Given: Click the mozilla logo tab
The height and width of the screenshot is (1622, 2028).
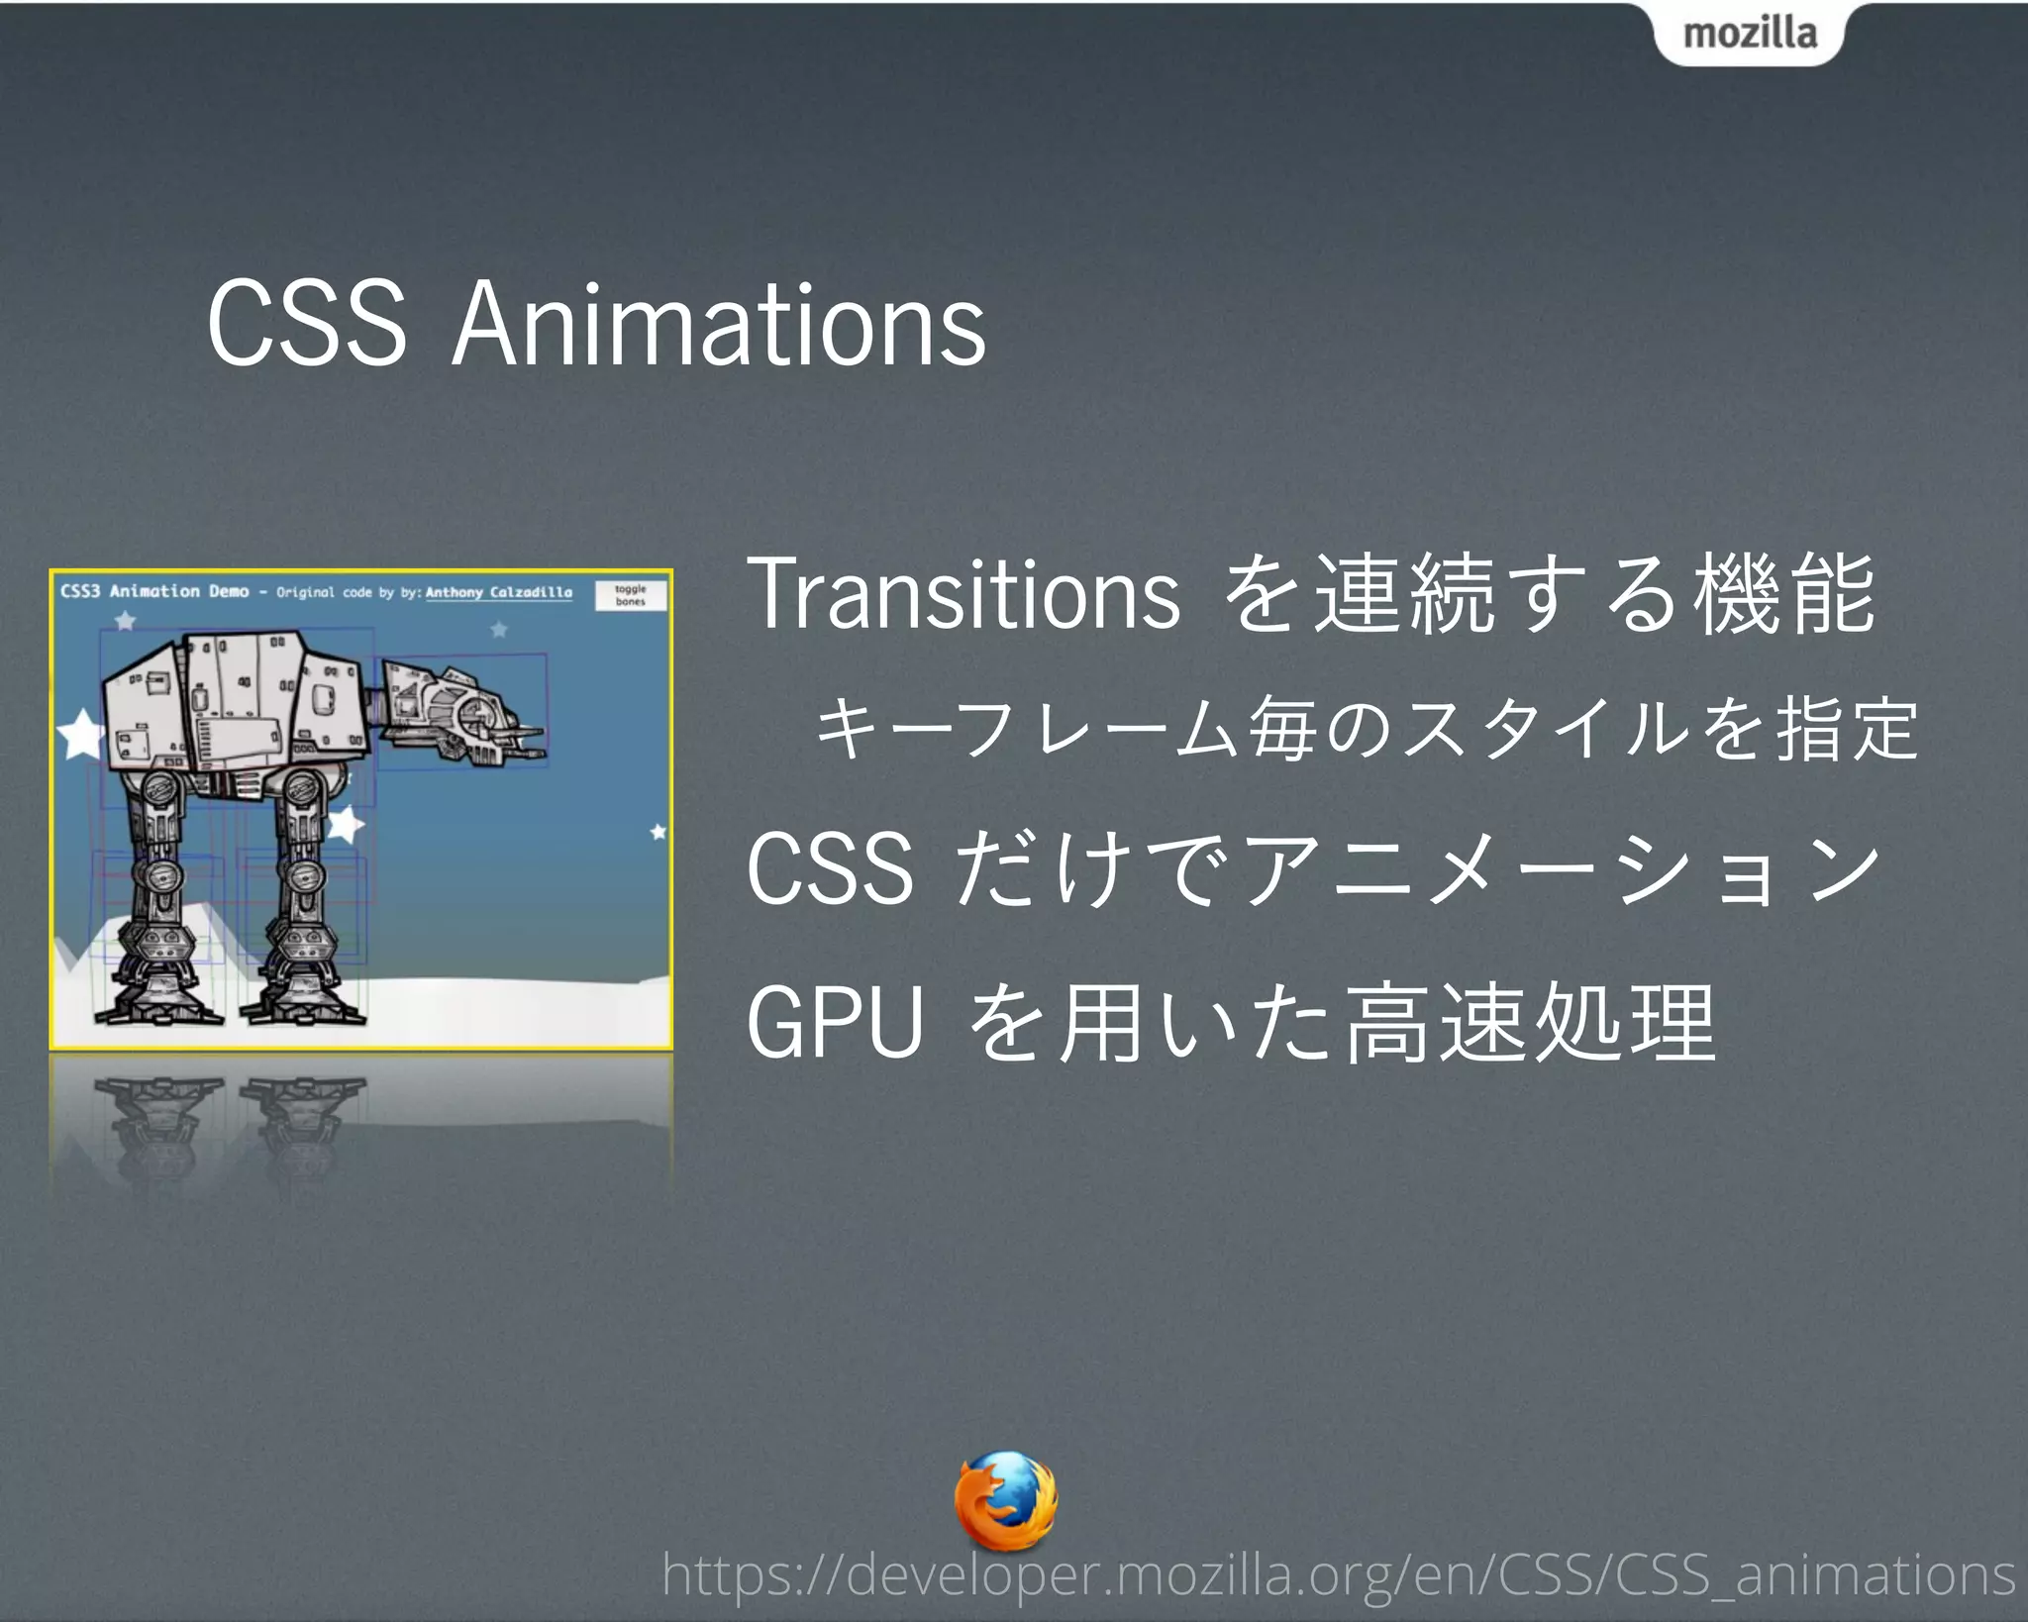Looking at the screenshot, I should click(x=1750, y=34).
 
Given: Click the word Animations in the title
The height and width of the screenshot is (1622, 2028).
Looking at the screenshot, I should click(x=719, y=324).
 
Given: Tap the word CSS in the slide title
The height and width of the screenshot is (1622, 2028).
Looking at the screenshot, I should click(x=307, y=324).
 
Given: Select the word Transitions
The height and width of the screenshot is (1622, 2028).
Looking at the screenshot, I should click(x=963, y=593).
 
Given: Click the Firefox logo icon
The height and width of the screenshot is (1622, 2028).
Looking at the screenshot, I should click(x=1006, y=1500).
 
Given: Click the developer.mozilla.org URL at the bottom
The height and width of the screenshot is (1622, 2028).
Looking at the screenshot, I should click(x=1338, y=1574).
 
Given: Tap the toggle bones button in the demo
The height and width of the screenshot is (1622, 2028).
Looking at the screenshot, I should click(x=631, y=595).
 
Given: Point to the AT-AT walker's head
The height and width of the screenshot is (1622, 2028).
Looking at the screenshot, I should click(x=461, y=711).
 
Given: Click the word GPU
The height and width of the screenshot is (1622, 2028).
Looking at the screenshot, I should click(x=835, y=1022).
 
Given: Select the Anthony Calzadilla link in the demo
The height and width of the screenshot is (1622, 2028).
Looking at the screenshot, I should click(x=499, y=592).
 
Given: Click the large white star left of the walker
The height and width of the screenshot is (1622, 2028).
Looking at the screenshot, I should click(x=81, y=734).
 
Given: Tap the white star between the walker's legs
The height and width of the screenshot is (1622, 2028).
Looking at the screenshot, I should click(x=345, y=823).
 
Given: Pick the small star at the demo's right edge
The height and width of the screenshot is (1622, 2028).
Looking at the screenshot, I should click(x=659, y=832).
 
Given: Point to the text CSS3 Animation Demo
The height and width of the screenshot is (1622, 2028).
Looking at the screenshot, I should click(x=154, y=591).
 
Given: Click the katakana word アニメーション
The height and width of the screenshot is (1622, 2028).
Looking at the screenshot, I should click(x=1560, y=868).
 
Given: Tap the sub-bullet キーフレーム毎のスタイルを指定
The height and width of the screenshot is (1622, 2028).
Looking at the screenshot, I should click(x=1367, y=729).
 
